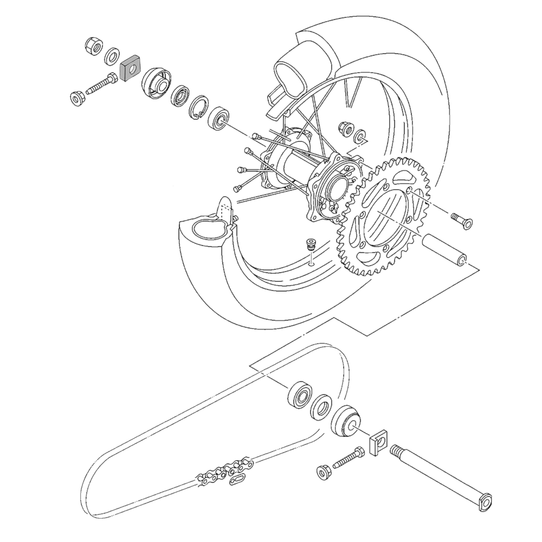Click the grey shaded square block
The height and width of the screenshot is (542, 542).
pos(129,69)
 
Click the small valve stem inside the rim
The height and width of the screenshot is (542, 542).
pos(311,244)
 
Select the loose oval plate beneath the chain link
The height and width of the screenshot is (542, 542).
pos(238,479)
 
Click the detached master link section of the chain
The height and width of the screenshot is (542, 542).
pos(238,466)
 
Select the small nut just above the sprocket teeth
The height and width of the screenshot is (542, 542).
pos(343,128)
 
